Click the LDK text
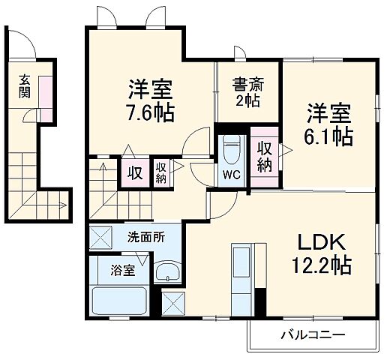tap(322, 244)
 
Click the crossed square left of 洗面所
tap(100, 238)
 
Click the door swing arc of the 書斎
tap(241, 54)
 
